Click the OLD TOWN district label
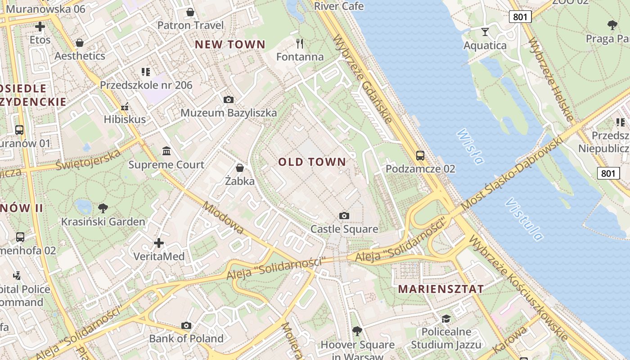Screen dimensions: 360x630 click(312, 162)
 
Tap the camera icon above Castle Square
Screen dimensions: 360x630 click(344, 216)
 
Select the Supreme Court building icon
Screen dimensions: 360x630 click(166, 151)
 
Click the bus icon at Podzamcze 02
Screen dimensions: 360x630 click(420, 156)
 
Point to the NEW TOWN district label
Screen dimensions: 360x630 click(230, 45)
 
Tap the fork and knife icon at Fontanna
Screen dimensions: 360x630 click(300, 44)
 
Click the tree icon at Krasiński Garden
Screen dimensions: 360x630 click(103, 208)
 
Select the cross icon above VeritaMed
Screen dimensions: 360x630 click(159, 243)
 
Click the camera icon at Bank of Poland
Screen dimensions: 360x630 click(186, 325)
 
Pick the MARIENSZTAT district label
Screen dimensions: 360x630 click(441, 289)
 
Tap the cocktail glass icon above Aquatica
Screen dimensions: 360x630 click(485, 31)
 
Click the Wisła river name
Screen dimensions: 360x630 click(470, 147)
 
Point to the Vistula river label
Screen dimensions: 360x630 click(524, 219)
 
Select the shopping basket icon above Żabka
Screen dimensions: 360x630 click(240, 168)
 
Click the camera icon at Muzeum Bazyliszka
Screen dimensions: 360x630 click(229, 99)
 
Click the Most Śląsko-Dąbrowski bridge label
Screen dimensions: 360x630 click(513, 173)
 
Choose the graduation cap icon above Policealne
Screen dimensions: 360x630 click(446, 319)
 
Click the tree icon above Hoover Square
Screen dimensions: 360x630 click(357, 331)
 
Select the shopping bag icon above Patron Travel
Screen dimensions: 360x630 click(190, 12)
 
